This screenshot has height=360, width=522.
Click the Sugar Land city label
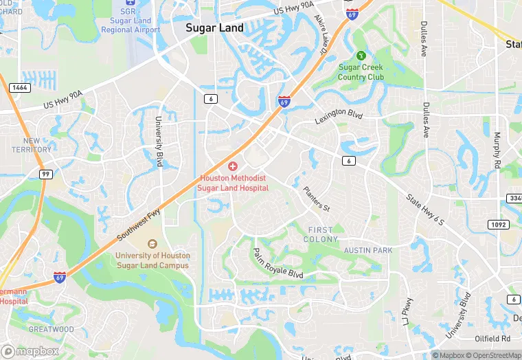pyautogui.click(x=215, y=28)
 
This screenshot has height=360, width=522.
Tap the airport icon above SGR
pyautogui.click(x=130, y=3)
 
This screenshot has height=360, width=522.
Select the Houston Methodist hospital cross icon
pyautogui.click(x=233, y=167)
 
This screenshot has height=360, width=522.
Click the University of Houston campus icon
pyautogui.click(x=152, y=244)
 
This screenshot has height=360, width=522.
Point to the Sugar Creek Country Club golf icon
pyautogui.click(x=361, y=56)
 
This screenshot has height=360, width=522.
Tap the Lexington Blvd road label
pyautogui.click(x=338, y=115)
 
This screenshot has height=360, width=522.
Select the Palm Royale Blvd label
pyautogui.click(x=277, y=263)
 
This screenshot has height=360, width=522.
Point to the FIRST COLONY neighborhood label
pyautogui.click(x=320, y=234)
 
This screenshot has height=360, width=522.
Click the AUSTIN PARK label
pyautogui.click(x=368, y=251)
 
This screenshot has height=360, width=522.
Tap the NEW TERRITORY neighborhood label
pyautogui.click(x=32, y=145)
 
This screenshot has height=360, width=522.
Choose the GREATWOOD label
pyautogui.click(x=51, y=329)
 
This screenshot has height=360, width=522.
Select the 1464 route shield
pyautogui.click(x=19, y=88)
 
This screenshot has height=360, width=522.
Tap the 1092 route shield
pyautogui.click(x=498, y=225)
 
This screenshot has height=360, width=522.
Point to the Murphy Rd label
pyautogui.click(x=497, y=151)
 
